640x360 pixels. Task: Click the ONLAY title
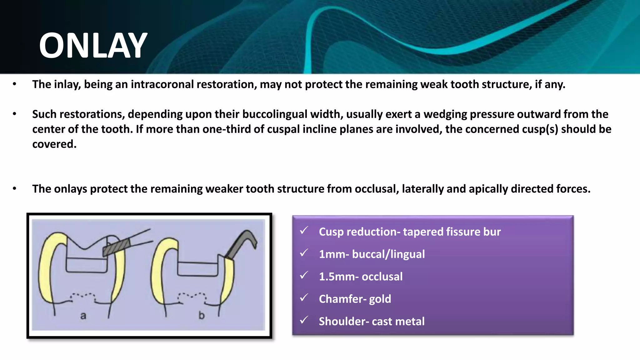(93, 46)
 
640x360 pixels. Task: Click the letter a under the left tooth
(83, 316)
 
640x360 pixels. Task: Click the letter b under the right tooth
(202, 316)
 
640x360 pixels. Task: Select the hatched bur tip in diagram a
(116, 248)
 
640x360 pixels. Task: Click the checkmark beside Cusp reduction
(304, 231)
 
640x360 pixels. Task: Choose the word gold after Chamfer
(380, 299)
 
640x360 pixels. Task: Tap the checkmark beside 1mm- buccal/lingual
(304, 253)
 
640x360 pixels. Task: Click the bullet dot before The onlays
(14, 189)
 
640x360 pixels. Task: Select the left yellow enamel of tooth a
(47, 269)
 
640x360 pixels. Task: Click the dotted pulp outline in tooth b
(192, 295)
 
